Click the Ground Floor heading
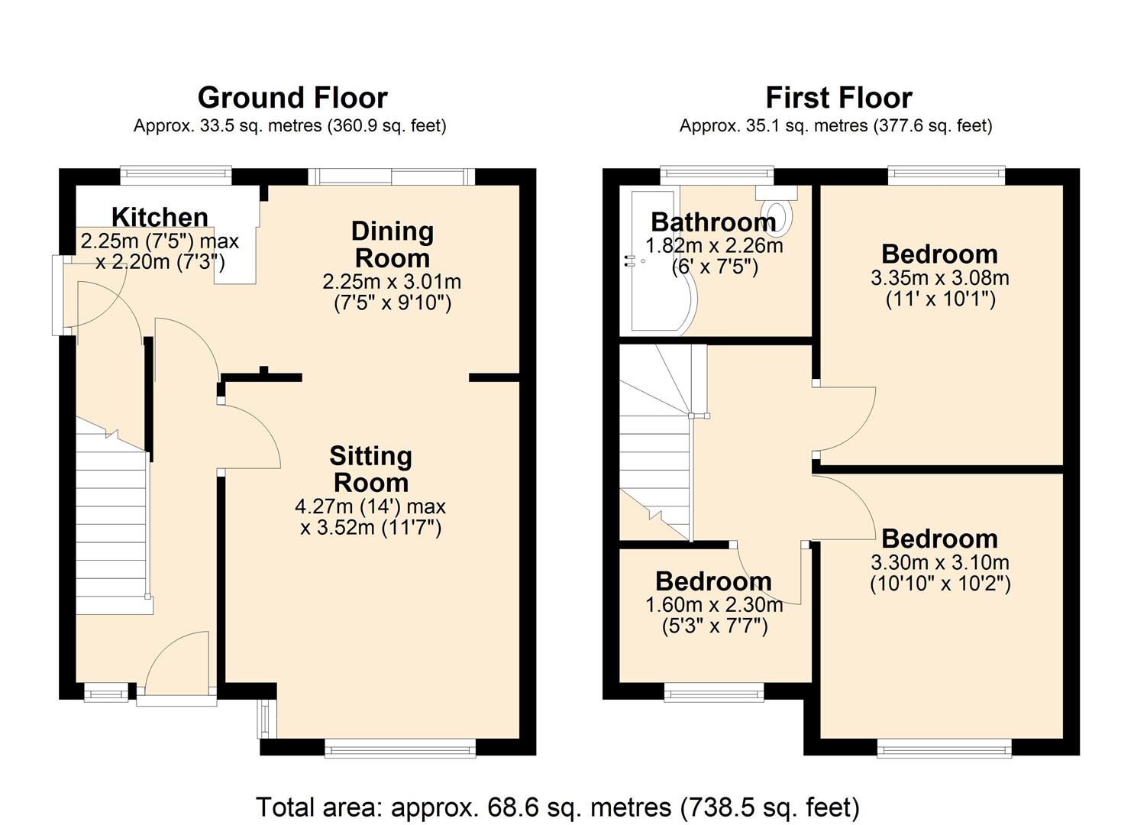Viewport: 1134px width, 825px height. pos(292,98)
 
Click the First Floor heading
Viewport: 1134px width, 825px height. pos(838,98)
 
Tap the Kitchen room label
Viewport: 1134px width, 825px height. pos(160,217)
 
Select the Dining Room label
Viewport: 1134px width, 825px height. pos(392,244)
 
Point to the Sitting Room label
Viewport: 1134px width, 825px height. pos(371,469)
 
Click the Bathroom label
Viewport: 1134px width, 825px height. pos(713,222)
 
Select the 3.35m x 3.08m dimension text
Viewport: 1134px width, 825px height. pos(939,278)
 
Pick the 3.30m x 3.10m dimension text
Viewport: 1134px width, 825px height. pos(939,563)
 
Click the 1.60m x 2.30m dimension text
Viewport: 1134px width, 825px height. pos(714,605)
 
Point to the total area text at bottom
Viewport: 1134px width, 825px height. pos(557,807)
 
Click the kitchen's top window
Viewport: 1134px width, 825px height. pos(176,175)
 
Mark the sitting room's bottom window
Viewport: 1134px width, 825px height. pos(400,748)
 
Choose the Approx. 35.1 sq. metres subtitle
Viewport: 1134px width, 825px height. pos(835,125)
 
